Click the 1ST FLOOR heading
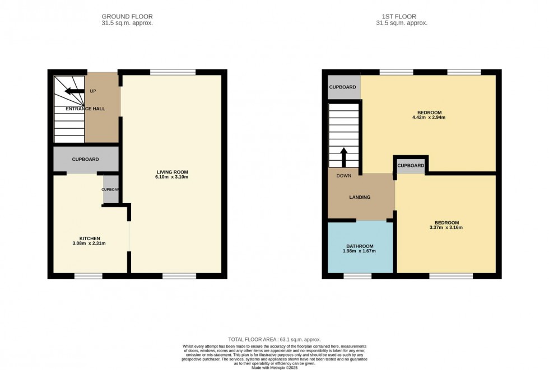click(x=402, y=17)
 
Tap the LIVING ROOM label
click(x=172, y=171)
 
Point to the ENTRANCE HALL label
click(x=85, y=109)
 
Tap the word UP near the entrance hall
click(x=93, y=91)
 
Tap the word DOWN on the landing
click(x=343, y=175)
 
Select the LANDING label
click(x=360, y=197)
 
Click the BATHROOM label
click(x=360, y=246)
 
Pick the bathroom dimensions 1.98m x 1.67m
click(x=360, y=251)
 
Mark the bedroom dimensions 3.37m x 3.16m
click(x=446, y=228)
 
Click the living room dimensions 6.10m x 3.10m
click(x=172, y=177)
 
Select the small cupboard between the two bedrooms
click(x=411, y=166)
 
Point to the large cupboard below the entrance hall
click(x=86, y=160)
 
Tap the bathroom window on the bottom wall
click(x=357, y=275)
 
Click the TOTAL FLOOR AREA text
click(x=273, y=340)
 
